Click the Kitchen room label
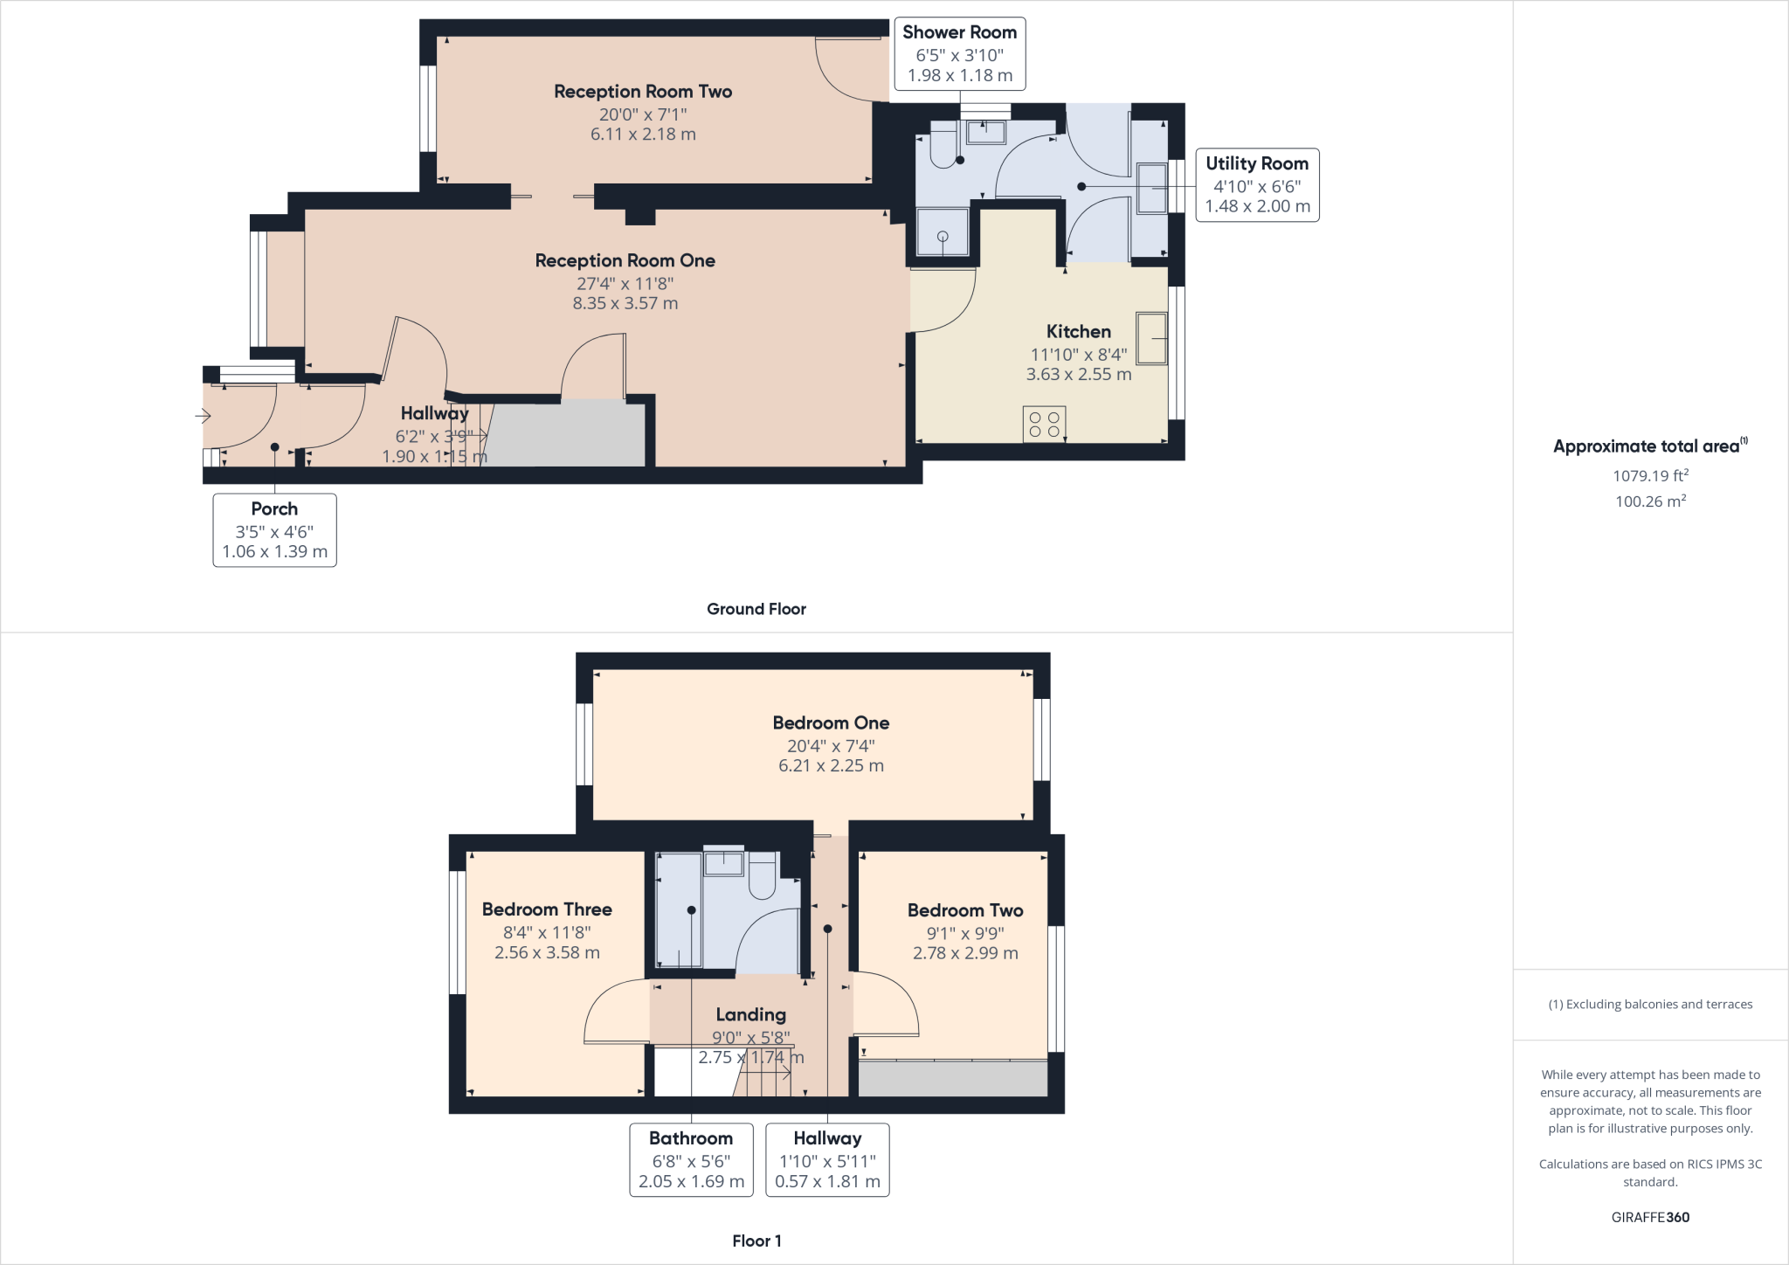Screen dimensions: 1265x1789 1078,332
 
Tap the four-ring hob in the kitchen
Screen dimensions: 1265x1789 1044,425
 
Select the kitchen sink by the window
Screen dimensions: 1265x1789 1151,338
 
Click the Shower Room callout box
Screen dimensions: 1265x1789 959,54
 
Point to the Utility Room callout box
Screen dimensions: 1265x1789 1256,185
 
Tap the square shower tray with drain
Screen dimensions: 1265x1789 943,232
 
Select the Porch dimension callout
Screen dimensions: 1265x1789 274,530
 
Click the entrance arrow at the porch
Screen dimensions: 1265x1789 203,417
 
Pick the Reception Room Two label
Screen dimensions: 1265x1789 643,92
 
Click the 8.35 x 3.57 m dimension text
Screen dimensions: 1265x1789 625,304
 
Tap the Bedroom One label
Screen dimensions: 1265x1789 831,723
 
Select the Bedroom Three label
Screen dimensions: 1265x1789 547,909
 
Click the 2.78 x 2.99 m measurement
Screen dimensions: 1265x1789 965,953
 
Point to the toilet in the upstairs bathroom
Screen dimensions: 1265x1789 763,876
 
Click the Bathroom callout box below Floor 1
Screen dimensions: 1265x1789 691,1159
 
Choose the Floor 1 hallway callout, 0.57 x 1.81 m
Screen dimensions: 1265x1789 827,1159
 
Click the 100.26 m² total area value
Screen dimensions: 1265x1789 1649,501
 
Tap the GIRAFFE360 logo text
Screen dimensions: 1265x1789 1650,1217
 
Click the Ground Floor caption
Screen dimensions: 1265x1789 756,609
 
